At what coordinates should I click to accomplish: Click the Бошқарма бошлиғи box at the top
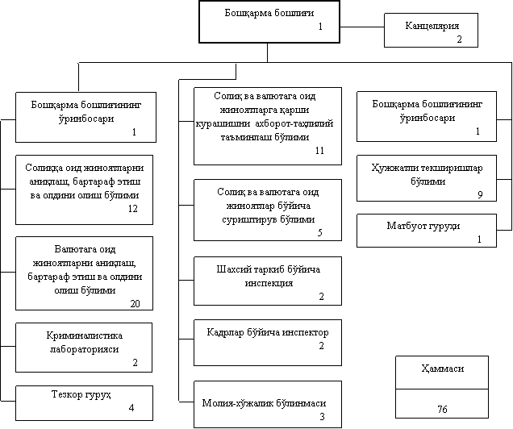pos(269,21)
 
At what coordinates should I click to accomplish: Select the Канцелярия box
pos(436,31)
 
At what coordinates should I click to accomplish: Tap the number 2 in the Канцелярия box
pos(459,39)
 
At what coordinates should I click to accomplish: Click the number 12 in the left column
pos(133,209)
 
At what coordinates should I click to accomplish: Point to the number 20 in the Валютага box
pos(135,303)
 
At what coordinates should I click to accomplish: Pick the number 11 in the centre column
pos(319,151)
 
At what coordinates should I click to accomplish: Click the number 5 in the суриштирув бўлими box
pos(319,232)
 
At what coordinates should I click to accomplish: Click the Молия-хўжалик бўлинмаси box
pos(268,404)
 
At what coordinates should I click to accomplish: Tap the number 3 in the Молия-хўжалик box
pos(322,416)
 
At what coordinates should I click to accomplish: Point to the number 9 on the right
pos(479,194)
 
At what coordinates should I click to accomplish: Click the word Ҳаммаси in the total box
pos(442,370)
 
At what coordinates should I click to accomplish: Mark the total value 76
pos(442,409)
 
